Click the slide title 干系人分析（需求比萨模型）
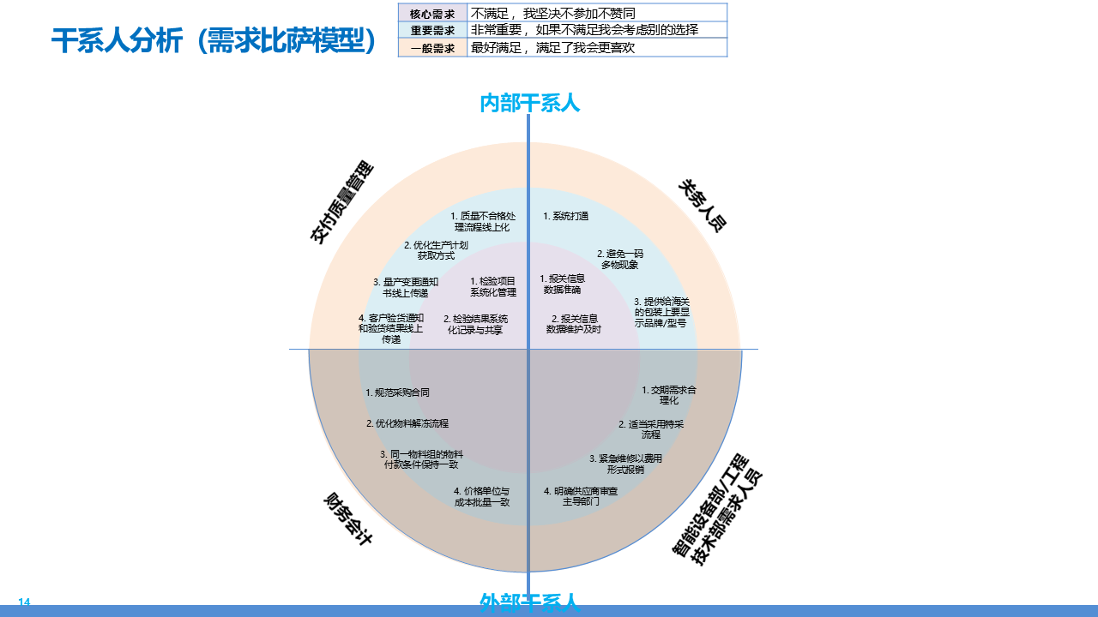point(214,41)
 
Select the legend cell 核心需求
point(432,14)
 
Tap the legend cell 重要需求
point(432,30)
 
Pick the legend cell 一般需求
point(432,48)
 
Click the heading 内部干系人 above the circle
point(529,103)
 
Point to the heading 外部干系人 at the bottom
point(529,602)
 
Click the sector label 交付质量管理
point(341,202)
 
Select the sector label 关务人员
point(703,206)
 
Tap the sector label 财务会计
point(347,519)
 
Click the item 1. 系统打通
point(565,216)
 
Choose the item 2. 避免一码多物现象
point(620,260)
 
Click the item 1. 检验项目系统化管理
point(493,286)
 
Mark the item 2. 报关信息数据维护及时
point(574,324)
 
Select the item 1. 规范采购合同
point(397,392)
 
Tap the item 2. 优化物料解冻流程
point(407,423)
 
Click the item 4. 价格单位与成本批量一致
point(482,497)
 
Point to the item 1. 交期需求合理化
point(669,394)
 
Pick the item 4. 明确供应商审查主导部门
point(581,496)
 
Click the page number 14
point(24,602)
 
